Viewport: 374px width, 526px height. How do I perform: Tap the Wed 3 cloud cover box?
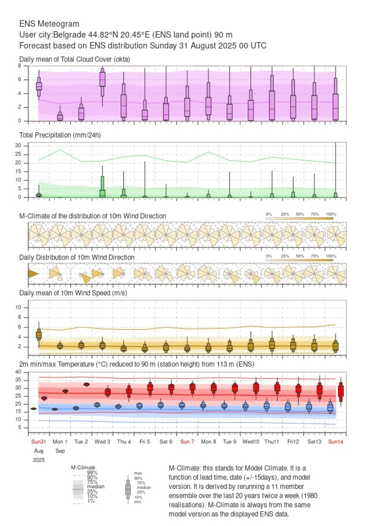(102, 79)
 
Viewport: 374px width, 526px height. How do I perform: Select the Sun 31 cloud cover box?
(39, 86)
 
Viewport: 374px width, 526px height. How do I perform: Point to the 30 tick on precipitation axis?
(18, 146)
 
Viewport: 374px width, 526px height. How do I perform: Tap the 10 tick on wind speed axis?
(19, 307)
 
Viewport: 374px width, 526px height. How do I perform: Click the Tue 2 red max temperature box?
(87, 384)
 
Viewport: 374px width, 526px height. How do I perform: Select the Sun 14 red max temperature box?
(340, 391)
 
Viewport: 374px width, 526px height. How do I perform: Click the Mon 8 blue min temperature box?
(203, 405)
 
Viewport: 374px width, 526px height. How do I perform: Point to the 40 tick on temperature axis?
(18, 372)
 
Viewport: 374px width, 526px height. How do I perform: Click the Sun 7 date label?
(187, 441)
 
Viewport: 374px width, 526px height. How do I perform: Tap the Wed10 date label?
(250, 441)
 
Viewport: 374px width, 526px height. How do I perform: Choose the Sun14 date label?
(335, 441)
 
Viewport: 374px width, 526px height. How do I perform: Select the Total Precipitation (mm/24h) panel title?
(60, 135)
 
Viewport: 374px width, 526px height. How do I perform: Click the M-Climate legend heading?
(83, 467)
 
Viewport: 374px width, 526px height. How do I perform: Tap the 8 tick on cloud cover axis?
(20, 66)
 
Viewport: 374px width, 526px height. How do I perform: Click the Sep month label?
(60, 450)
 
